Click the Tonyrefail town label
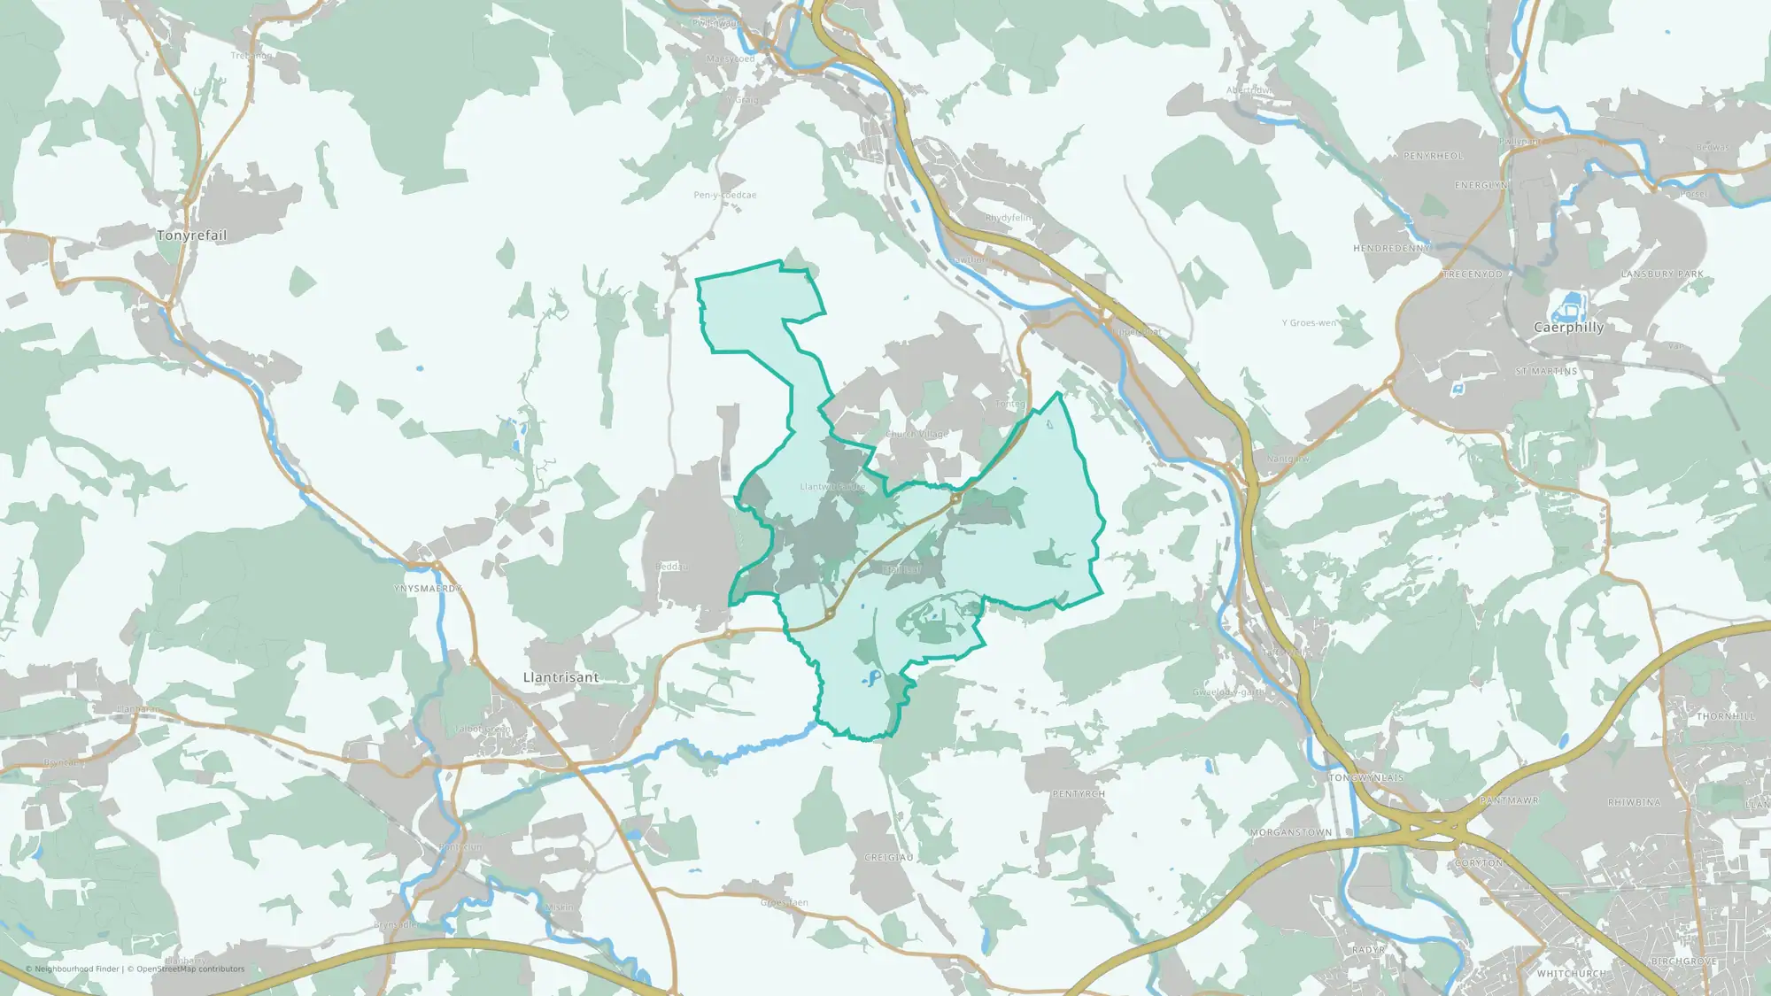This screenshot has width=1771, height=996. tap(191, 235)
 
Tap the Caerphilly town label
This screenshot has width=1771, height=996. tap(1568, 328)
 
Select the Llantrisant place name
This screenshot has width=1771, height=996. tap(561, 677)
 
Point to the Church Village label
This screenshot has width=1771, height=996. tap(916, 435)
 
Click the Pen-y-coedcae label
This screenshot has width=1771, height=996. tap(724, 196)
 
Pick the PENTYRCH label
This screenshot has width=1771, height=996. tap(1079, 794)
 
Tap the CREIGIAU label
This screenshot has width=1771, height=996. tap(888, 858)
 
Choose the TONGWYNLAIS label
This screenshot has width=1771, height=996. tap(1365, 778)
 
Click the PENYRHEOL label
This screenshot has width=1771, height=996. tap(1433, 157)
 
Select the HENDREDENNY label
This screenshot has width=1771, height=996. tap(1391, 249)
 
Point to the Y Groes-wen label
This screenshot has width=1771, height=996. tap(1309, 323)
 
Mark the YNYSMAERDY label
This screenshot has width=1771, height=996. tap(428, 589)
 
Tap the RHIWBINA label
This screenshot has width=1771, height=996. tap(1635, 803)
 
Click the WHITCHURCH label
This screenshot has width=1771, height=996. tap(1571, 974)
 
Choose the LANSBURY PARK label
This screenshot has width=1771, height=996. tap(1662, 274)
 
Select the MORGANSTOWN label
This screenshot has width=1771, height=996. tap(1290, 833)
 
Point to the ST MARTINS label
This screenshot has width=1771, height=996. tap(1546, 372)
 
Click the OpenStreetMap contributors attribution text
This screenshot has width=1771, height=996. tap(189, 969)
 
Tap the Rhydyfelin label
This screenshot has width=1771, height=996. tap(1008, 218)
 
